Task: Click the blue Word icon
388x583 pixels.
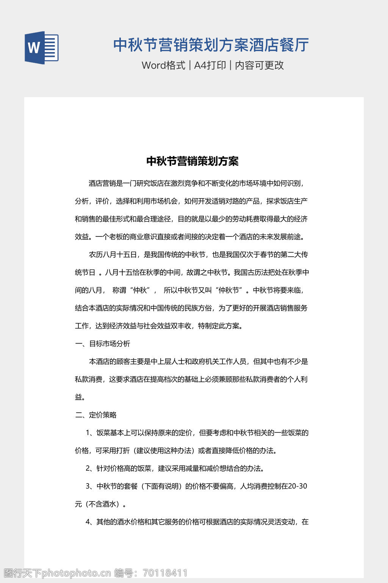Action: tap(42, 47)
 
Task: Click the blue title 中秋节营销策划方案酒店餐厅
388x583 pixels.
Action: tap(211, 45)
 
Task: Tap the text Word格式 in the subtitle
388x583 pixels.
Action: tap(163, 65)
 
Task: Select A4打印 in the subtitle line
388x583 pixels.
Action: tap(210, 65)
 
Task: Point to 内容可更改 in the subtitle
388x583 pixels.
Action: tap(259, 65)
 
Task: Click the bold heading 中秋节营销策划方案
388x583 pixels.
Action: tap(192, 161)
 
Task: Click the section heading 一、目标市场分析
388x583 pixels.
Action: tap(103, 344)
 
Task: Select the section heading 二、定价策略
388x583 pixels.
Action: tap(96, 415)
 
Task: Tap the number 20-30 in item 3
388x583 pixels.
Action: tap(297, 486)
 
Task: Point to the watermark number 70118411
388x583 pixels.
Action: tap(165, 573)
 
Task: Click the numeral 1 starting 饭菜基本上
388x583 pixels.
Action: tap(88, 433)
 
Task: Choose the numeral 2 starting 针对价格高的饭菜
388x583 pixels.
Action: tap(88, 468)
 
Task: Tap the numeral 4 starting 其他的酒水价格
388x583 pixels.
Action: tap(88, 522)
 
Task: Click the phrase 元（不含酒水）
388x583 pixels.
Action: tap(100, 504)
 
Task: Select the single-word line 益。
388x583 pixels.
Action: tap(80, 397)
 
